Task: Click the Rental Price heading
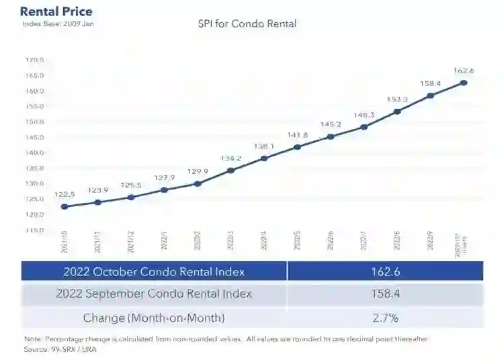pyautogui.click(x=56, y=11)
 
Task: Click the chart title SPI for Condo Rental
pyautogui.click(x=247, y=24)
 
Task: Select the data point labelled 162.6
pyautogui.click(x=464, y=83)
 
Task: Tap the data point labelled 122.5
pyautogui.click(x=65, y=206)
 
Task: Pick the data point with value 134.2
pyautogui.click(x=230, y=170)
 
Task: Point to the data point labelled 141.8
pyautogui.click(x=297, y=146)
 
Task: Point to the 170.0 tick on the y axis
pyautogui.click(x=35, y=60)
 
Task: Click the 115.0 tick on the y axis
pyautogui.click(x=35, y=230)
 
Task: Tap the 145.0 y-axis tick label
pyautogui.click(x=35, y=137)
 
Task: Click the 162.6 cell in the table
pyautogui.click(x=384, y=271)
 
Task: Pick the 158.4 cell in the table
pyautogui.click(x=384, y=294)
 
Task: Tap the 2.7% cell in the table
pyautogui.click(x=384, y=317)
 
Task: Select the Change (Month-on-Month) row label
pyautogui.click(x=154, y=317)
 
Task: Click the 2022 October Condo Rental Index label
pyautogui.click(x=154, y=271)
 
